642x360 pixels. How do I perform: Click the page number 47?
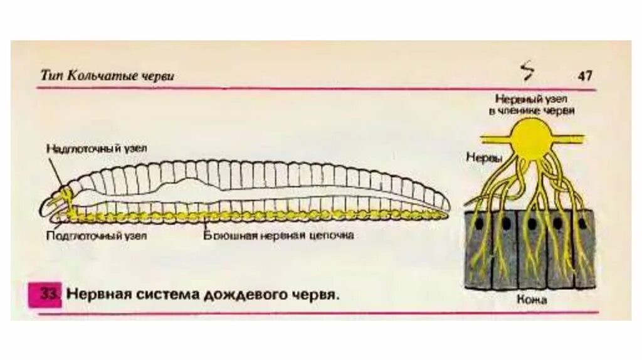tap(585, 76)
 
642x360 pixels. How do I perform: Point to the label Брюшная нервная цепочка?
tap(279, 236)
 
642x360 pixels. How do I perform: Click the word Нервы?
tap(484, 159)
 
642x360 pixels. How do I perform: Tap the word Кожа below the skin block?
tap(532, 300)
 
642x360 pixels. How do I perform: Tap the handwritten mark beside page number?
tap(528, 71)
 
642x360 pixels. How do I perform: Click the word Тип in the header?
tap(51, 76)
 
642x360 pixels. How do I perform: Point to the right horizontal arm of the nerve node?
tap(574, 137)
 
